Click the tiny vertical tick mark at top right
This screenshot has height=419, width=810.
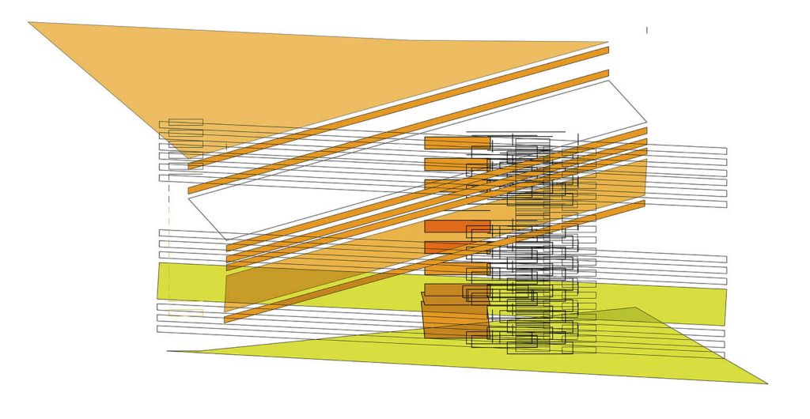tap(647, 30)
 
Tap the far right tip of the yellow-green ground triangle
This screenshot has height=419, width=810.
tap(765, 383)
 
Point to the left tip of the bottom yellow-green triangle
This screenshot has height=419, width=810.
tap(169, 351)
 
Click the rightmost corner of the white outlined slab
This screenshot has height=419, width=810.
tap(647, 121)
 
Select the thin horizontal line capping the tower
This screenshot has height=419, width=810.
tap(516, 132)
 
